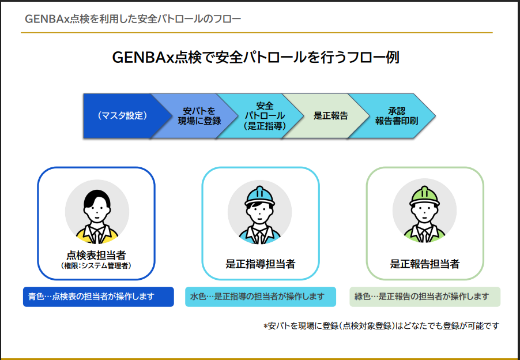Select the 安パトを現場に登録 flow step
coord(199,116)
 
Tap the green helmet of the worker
coord(424,196)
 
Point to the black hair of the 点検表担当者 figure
coord(97,198)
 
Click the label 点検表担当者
coord(96,256)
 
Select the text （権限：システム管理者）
coord(96,266)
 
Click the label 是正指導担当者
coord(261,264)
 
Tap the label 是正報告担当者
coord(425,264)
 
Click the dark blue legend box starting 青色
coord(99,297)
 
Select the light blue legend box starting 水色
coord(261,297)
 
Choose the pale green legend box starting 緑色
coord(425,297)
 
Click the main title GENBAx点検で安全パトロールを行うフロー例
coord(256,57)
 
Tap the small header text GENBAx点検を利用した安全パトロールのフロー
coord(133,19)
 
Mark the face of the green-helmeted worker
coord(424,213)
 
